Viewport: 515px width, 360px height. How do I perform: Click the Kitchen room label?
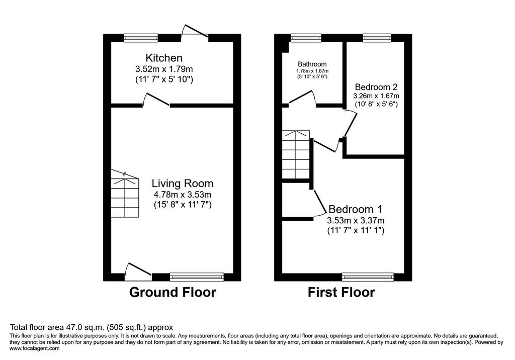point(164,58)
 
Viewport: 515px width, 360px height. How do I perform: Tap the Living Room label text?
point(182,184)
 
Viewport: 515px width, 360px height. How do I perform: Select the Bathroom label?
point(312,64)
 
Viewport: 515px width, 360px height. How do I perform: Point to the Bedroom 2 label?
point(376,87)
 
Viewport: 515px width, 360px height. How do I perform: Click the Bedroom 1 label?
point(356,209)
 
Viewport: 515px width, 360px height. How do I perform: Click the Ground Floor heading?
point(173,292)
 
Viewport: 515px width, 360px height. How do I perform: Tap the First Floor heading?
point(341,292)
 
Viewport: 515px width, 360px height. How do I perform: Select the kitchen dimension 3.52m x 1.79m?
point(164,69)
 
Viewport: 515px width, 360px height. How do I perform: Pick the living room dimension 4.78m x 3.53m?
point(182,194)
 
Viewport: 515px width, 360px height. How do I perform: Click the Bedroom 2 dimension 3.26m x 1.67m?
point(376,96)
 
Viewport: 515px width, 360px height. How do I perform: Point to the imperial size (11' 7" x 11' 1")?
point(356,231)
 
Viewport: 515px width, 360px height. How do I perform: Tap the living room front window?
point(197,277)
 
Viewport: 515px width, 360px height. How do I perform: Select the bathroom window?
point(306,38)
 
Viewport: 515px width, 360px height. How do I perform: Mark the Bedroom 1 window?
point(368,277)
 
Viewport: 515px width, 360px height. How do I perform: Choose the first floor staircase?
point(296,155)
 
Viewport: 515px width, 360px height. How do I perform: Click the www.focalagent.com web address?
point(35,348)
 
